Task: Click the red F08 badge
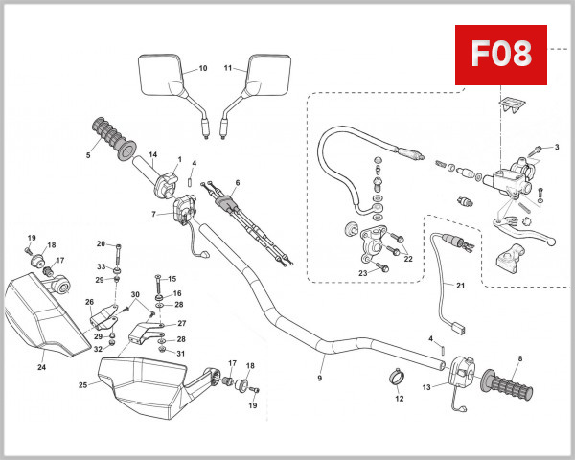[499, 54]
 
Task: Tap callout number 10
[202, 69]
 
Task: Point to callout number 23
[363, 272]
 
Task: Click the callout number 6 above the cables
[237, 183]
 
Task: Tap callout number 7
[154, 213]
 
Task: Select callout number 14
[151, 156]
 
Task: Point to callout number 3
[555, 147]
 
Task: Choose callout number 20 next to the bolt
[101, 243]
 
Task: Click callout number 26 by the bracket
[89, 302]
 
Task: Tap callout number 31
[181, 354]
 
